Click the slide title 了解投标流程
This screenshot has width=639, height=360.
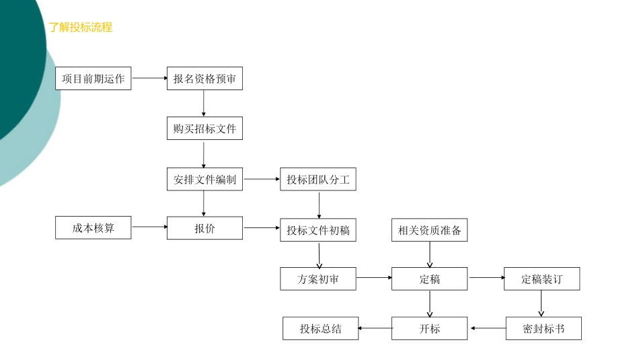click(80, 28)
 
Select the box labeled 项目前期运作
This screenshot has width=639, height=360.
click(93, 79)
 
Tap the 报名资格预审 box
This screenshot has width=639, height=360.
click(204, 79)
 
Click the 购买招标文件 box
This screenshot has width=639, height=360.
click(204, 129)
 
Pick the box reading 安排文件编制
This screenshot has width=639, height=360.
click(204, 180)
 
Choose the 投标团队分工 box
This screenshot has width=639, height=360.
click(318, 180)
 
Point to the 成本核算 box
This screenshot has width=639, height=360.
click(93, 228)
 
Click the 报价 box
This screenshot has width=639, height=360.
click(204, 228)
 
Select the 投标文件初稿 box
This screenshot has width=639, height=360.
click(318, 230)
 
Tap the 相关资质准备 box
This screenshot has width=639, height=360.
click(430, 230)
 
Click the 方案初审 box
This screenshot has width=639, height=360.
click(318, 279)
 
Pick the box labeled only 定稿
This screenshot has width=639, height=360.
click(430, 279)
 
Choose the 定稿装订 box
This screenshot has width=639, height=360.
click(541, 279)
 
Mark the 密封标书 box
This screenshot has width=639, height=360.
click(543, 328)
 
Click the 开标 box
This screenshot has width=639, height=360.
click(430, 328)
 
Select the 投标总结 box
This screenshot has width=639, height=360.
click(321, 328)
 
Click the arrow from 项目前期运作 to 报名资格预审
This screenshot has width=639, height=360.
click(149, 79)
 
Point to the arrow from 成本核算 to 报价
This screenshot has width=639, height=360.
click(149, 227)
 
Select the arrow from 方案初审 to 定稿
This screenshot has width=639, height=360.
click(374, 277)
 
